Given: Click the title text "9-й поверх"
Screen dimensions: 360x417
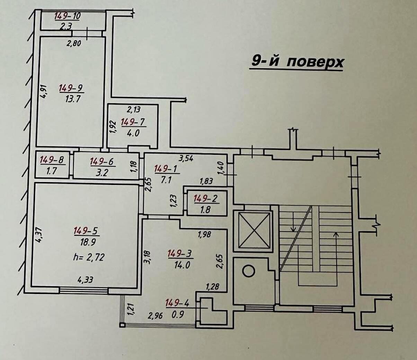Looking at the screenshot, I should [x=297, y=62].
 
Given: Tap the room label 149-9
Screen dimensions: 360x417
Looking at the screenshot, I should [x=71, y=88].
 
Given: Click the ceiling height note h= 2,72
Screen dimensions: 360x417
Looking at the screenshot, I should [x=89, y=257].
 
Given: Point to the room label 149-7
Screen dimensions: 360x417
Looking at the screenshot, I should [x=133, y=122].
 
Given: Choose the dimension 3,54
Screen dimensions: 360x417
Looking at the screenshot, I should [x=186, y=159].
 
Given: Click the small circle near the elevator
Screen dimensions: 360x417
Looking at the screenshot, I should [x=248, y=271].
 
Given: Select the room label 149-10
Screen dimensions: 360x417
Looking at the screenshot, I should [x=68, y=16].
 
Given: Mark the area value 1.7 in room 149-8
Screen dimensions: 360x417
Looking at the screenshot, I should [x=52, y=171].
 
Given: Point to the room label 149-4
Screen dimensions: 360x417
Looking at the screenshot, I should [x=177, y=303].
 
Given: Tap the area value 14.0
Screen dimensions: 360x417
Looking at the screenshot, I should [x=180, y=265].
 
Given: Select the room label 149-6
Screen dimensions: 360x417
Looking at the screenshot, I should [x=101, y=161].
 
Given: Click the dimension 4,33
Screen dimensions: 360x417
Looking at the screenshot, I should [x=85, y=279].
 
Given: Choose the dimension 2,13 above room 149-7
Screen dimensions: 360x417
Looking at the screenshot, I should [x=133, y=110].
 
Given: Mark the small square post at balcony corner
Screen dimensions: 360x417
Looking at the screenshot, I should [x=122, y=324].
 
